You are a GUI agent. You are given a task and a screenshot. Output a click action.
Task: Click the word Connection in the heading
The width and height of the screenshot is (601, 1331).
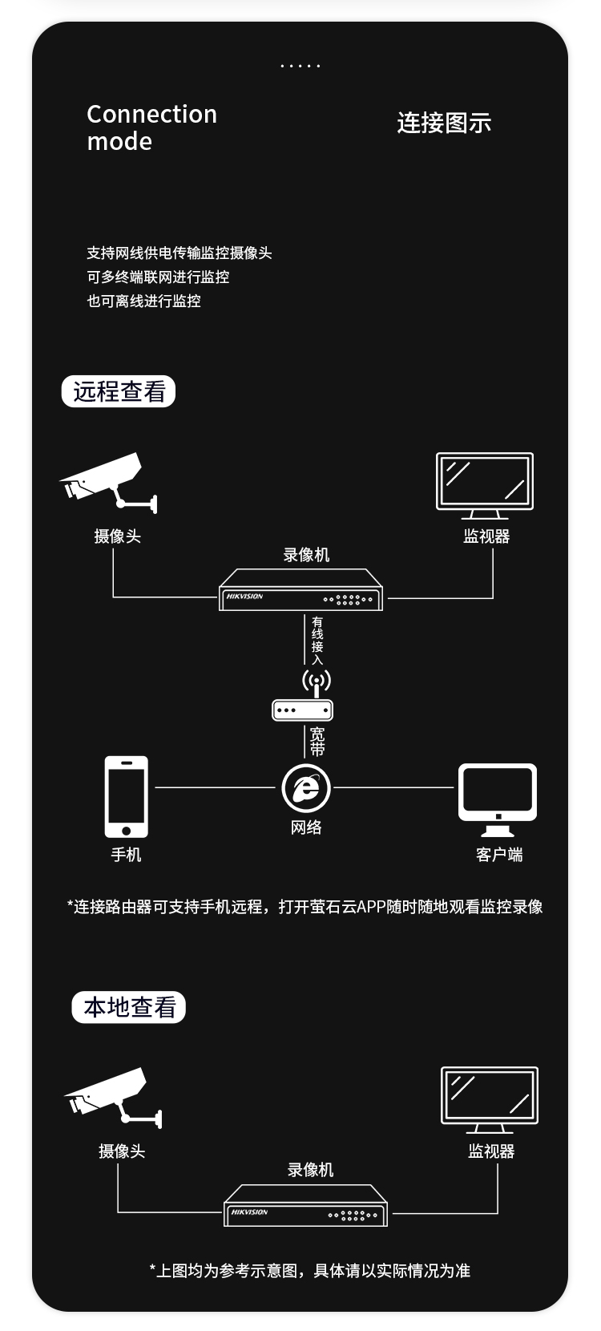[152, 114]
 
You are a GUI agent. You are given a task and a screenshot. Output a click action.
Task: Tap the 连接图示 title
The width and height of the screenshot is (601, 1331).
[444, 123]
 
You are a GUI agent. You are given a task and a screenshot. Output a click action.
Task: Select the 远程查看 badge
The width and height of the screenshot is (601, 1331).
[119, 391]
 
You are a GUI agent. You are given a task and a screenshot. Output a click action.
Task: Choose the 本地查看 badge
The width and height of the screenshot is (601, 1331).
[129, 1007]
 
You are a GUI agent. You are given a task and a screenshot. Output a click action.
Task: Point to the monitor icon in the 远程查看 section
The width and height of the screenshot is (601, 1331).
[485, 485]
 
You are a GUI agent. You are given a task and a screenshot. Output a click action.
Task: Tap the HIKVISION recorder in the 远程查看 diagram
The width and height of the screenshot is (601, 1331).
[300, 590]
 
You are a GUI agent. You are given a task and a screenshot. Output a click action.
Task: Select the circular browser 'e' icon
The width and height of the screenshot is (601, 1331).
[306, 788]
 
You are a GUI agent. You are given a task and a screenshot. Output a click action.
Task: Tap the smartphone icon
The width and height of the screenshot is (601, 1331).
[127, 797]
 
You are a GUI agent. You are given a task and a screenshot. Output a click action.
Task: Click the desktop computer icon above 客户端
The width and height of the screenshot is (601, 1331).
[498, 799]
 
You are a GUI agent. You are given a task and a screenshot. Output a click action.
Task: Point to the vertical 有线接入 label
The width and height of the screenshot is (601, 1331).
[317, 641]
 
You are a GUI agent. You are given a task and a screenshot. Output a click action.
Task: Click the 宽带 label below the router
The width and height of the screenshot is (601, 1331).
[317, 742]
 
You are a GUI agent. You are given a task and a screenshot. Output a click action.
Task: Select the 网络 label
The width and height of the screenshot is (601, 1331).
[306, 827]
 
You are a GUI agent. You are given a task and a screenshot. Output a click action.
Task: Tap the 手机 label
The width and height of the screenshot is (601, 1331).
[127, 855]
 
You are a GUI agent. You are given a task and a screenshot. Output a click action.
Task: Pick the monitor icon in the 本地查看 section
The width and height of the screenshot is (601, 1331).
[490, 1100]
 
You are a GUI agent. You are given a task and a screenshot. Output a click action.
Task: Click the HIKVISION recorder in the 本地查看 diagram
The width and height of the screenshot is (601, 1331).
[305, 1205]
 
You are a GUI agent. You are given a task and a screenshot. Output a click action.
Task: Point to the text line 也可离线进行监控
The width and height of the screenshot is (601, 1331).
[143, 301]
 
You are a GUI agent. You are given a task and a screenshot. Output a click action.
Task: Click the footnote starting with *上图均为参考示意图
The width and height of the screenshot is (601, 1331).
[309, 1271]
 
